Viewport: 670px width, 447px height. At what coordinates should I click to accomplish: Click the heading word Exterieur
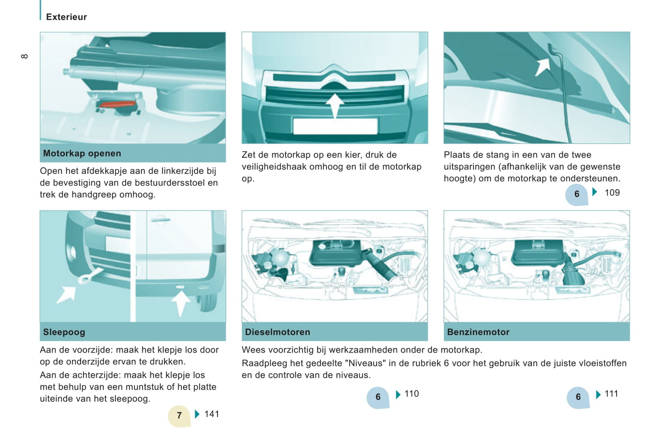[66, 17]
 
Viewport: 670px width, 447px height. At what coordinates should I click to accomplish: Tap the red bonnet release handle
[117, 104]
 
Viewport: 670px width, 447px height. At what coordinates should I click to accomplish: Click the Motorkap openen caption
[82, 153]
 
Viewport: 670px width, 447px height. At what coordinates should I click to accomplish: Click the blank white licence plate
[335, 126]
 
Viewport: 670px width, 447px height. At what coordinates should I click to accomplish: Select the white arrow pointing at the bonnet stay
[542, 67]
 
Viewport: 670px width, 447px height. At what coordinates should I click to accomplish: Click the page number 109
[612, 193]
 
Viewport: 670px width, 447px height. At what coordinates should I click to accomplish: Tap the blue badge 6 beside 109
[577, 194]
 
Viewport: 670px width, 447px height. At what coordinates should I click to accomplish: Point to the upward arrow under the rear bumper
[180, 303]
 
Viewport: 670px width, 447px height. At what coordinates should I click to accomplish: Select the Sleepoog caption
[64, 332]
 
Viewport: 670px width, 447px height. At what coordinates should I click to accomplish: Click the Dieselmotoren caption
[277, 332]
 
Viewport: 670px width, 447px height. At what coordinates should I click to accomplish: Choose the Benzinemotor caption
[478, 332]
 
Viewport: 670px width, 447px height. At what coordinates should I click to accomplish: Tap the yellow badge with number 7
[179, 415]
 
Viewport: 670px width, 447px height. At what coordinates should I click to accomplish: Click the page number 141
[211, 414]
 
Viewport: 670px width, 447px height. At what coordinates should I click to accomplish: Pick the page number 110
[412, 394]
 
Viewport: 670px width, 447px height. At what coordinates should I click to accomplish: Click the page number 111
[611, 394]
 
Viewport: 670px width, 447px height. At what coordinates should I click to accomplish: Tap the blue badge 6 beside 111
[578, 397]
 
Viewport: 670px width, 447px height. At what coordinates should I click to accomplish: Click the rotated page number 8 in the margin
[25, 56]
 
